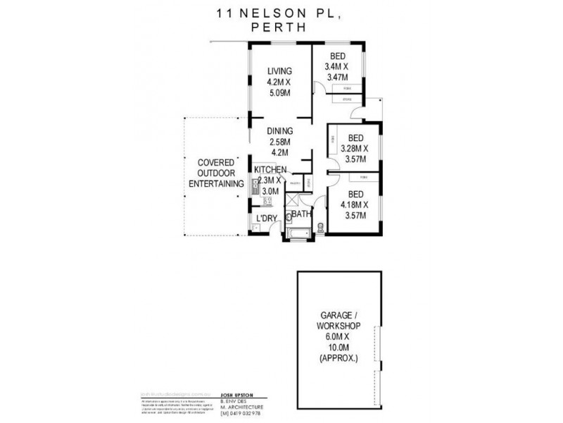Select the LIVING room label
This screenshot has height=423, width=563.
[x=279, y=70]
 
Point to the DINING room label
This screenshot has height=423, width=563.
[x=279, y=131]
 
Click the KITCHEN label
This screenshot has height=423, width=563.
[x=270, y=170]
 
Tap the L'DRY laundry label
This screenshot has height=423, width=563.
[x=266, y=219]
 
